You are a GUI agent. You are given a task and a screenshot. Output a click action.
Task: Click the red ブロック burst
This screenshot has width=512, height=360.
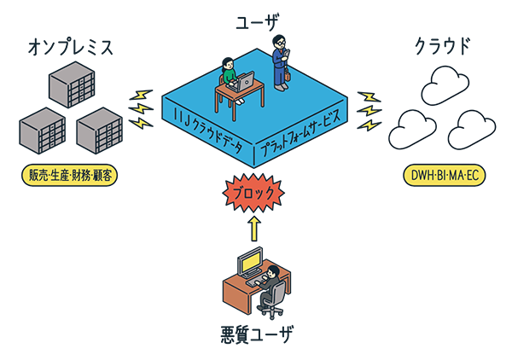253,194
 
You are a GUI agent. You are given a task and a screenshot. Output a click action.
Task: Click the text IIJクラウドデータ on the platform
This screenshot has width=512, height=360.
207,124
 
